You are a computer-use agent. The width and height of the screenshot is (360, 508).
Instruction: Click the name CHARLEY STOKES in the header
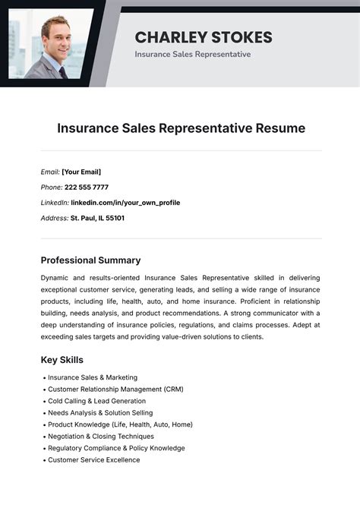tap(203, 37)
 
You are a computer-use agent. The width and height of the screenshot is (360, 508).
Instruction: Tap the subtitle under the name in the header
tap(192, 55)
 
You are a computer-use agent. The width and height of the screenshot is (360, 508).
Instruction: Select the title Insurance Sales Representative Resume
tap(181, 128)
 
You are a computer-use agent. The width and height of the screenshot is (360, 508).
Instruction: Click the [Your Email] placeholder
tap(81, 172)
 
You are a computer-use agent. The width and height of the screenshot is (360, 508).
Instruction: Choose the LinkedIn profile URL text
tap(125, 203)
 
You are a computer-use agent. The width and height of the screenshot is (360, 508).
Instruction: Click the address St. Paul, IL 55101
tap(97, 218)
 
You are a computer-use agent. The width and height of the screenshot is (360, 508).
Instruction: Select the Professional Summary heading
tap(90, 260)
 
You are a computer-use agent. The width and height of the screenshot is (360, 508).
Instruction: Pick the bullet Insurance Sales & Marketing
tap(93, 377)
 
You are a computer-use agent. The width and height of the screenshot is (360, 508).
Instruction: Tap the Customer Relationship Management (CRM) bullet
tap(115, 390)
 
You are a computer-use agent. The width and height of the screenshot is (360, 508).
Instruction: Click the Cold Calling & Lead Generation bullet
tap(96, 401)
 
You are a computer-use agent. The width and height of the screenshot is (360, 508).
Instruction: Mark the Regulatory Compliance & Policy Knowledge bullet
tap(116, 448)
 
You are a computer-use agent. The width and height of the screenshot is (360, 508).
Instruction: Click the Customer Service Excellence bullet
tap(93, 460)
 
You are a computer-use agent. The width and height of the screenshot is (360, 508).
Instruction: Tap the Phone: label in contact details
tap(52, 188)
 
